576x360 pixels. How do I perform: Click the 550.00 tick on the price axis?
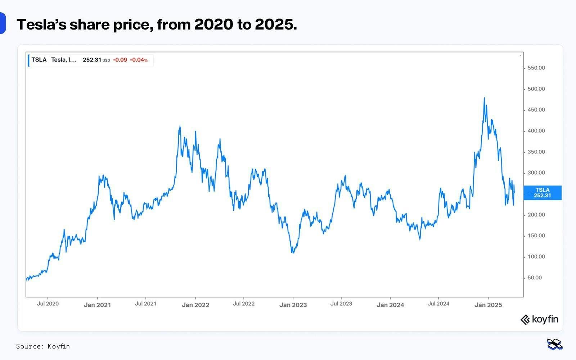[x=536, y=68]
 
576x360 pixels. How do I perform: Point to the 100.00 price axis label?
[x=536, y=257]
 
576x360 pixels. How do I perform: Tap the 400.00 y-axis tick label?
[x=536, y=131]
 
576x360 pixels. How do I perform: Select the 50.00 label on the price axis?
[x=535, y=278]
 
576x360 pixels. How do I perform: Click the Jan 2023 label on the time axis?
[x=293, y=305]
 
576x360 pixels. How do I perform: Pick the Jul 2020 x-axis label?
[x=48, y=304]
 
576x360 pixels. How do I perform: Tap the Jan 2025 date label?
[x=488, y=305]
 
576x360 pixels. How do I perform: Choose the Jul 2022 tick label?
[x=243, y=304]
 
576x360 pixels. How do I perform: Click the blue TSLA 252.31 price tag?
[x=542, y=193]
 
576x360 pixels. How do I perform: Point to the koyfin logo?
[x=539, y=319]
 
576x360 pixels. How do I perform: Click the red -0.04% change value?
[x=139, y=60]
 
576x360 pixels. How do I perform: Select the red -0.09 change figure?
[x=120, y=60]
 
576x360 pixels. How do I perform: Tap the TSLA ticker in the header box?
[x=39, y=60]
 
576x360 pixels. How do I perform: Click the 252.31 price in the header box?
[x=92, y=60]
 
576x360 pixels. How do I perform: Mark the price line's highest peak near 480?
[x=484, y=98]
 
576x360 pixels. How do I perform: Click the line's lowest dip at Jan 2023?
[x=293, y=253]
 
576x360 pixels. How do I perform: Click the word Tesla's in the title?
[x=41, y=24]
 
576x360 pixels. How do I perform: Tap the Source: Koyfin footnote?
[x=43, y=346]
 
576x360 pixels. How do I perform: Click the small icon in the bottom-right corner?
[x=554, y=344]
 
